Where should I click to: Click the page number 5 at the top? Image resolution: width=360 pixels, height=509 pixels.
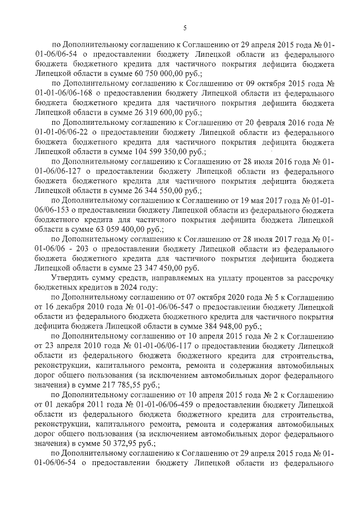coord(184,28)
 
